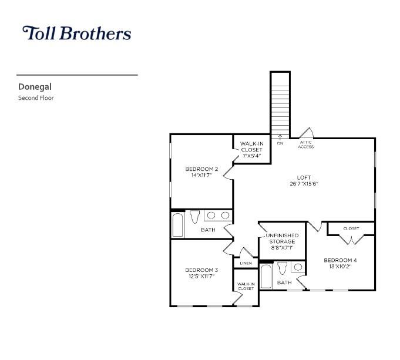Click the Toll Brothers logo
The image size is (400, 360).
[77, 33]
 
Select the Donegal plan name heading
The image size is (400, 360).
[35, 87]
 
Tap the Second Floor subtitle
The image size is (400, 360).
[36, 97]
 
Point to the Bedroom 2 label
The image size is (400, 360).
[201, 169]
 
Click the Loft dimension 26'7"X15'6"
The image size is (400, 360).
[304, 183]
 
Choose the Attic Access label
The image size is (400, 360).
[305, 144]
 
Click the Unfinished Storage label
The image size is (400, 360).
[282, 238]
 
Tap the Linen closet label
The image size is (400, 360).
[246, 263]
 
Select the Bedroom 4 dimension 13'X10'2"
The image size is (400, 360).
[340, 267]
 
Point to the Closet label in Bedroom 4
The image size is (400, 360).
[351, 228]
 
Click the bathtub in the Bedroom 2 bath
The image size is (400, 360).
[177, 225]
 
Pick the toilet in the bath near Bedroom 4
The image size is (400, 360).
[282, 268]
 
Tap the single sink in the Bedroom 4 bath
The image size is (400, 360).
[298, 267]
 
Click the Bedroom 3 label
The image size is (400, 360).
[201, 270]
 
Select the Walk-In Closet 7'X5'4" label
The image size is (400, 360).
[251, 150]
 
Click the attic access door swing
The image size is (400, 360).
[307, 132]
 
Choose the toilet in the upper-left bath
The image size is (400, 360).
[194, 216]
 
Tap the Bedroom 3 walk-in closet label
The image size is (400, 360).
[246, 286]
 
